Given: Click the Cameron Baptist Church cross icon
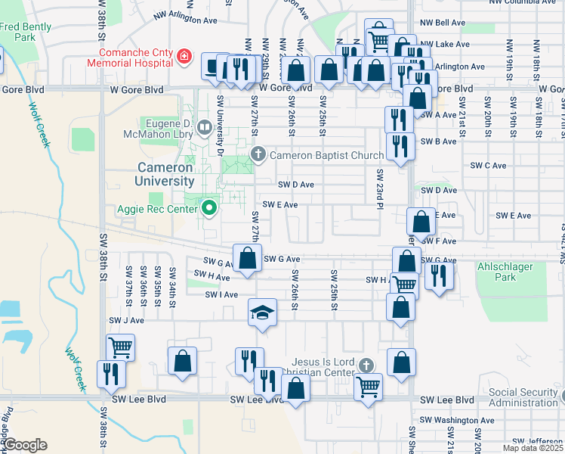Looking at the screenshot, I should point(258,155).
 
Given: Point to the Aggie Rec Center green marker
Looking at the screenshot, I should point(209,209).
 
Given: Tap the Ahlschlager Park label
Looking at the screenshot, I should point(506,272).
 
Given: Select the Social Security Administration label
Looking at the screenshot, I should point(525,397).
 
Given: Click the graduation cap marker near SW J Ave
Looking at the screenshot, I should point(262,313).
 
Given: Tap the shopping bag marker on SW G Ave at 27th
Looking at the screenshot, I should point(247,259).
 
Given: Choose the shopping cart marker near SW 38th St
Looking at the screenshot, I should point(120,348).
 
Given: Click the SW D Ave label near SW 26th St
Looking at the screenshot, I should point(295,184).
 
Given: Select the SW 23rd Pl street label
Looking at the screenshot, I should point(379,186).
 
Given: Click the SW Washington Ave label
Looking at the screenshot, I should point(455,420).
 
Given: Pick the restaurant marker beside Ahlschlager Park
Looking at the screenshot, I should point(437,277).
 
